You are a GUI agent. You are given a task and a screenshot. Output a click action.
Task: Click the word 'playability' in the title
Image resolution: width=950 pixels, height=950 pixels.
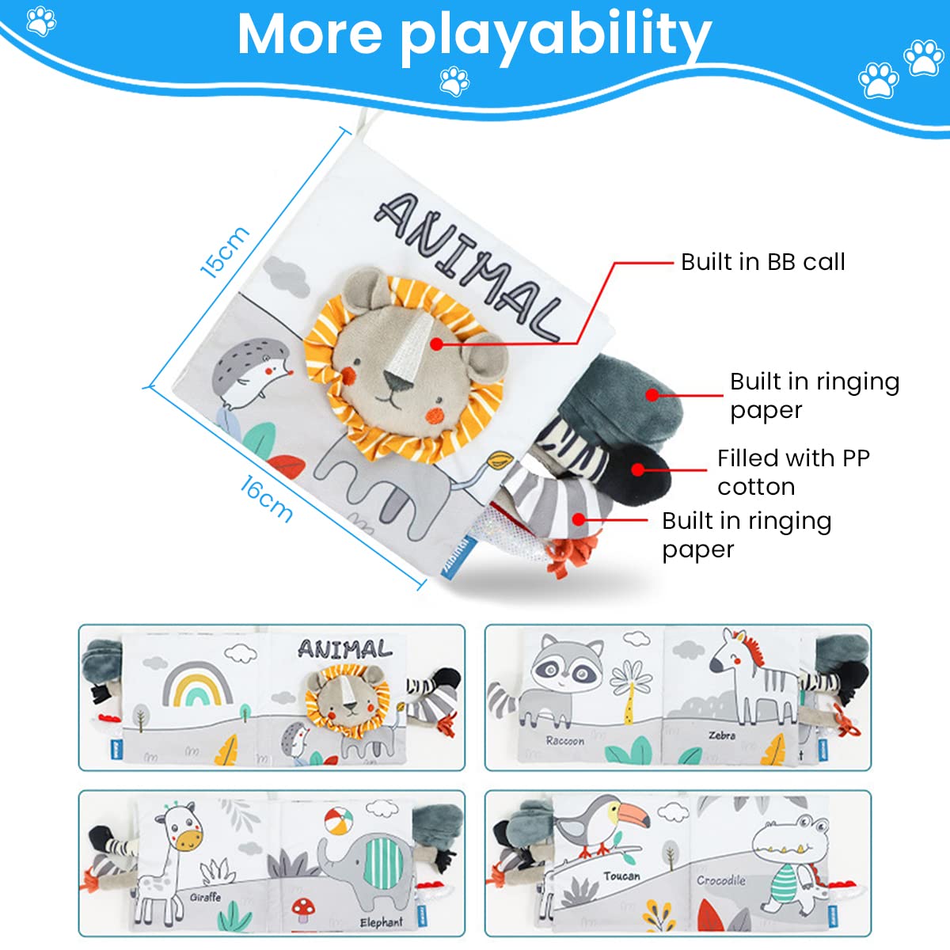tap(554, 36)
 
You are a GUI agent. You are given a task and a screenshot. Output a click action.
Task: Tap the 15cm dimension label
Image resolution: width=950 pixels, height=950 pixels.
tap(225, 252)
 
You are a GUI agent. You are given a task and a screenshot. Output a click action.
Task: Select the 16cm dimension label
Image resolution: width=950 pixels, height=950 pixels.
tap(266, 499)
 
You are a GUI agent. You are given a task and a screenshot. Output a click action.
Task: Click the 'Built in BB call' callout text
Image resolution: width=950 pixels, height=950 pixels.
tap(762, 262)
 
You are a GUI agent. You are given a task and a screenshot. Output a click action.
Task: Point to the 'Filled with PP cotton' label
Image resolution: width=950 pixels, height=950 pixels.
tap(792, 472)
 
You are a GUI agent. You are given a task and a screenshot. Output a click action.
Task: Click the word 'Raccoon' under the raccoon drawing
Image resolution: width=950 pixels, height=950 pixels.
tap(565, 742)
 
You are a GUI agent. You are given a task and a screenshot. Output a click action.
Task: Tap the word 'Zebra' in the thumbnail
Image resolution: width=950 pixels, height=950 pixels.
tap(722, 735)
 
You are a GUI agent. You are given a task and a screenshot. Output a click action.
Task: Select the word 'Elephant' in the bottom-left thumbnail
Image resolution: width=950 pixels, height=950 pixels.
tap(381, 922)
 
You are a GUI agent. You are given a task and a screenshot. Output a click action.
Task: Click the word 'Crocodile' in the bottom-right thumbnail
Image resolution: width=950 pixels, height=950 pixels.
tap(720, 880)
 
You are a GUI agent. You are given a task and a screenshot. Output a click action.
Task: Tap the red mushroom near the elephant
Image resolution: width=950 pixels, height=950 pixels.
tap(302, 909)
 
